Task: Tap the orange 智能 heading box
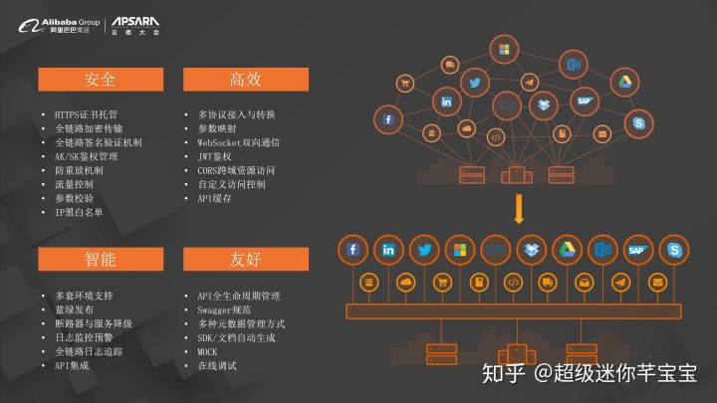(101, 259)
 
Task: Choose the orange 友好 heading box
(245, 259)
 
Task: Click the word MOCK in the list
(207, 352)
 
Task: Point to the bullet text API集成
(75, 366)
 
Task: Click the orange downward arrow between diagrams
(518, 210)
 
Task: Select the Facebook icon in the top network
(387, 120)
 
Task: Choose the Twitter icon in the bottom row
(425, 250)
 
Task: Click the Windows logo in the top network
(504, 49)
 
